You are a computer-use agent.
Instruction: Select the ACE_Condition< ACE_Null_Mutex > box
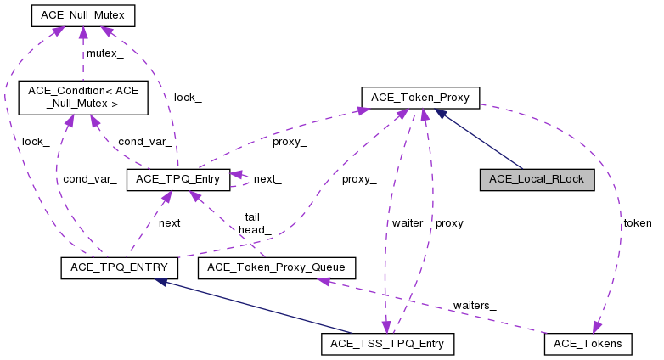[83, 97]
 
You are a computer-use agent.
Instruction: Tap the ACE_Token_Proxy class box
[420, 97]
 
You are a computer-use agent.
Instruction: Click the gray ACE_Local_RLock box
[536, 179]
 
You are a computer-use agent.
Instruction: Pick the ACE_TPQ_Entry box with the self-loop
[177, 179]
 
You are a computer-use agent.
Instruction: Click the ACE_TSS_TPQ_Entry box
[388, 344]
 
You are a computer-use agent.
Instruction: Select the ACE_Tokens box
[588, 344]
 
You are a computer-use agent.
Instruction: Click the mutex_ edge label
[105, 53]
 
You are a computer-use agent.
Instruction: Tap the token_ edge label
[641, 222]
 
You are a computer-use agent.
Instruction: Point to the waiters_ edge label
[474, 305]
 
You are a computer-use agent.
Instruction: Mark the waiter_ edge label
[410, 222]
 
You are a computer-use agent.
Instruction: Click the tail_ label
[256, 217]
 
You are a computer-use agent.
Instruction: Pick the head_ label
[255, 229]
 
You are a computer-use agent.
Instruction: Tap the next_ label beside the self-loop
[267, 179]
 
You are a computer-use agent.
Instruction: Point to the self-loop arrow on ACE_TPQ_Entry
[241, 179]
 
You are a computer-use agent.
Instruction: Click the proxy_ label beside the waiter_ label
[453, 222]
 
